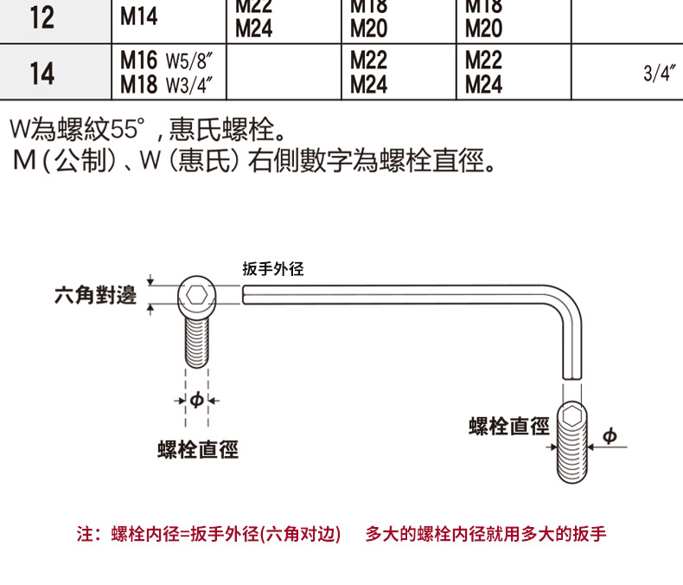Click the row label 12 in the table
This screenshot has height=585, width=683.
click(41, 18)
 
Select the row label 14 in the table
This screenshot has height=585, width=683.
click(41, 74)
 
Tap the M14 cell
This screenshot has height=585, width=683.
click(139, 18)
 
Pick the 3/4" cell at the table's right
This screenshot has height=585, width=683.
click(658, 74)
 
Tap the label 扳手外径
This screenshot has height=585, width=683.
click(273, 270)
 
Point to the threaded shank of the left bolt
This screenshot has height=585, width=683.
click(198, 342)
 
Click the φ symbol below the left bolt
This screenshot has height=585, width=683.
click(196, 400)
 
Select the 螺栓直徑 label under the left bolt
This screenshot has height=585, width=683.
click(198, 449)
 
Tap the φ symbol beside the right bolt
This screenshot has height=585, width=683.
click(610, 436)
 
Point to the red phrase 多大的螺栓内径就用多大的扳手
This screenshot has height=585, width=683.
click(485, 534)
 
